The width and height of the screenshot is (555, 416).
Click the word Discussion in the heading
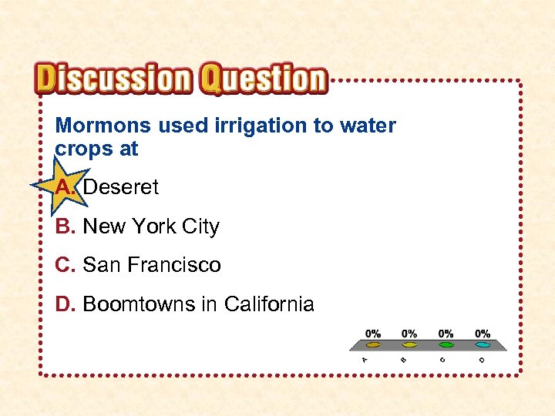point(114,79)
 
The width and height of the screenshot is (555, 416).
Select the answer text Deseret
point(120,186)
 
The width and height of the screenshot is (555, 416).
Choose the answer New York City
point(151,226)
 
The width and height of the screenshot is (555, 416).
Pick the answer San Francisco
point(152,265)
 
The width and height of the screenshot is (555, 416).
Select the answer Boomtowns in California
point(198,304)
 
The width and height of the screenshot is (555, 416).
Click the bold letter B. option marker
point(66,226)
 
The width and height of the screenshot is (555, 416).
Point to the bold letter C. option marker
point(66,265)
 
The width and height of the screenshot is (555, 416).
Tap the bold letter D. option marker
point(66,304)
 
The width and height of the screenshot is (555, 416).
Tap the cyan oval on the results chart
point(483,345)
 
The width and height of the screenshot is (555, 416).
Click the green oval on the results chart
point(446,345)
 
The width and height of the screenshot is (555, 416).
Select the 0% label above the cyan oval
point(483,334)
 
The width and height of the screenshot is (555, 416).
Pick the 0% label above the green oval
point(446,334)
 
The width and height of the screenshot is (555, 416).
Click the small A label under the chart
point(365,359)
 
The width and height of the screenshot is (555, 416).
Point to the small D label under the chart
point(481,359)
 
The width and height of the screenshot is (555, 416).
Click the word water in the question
point(366,126)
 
